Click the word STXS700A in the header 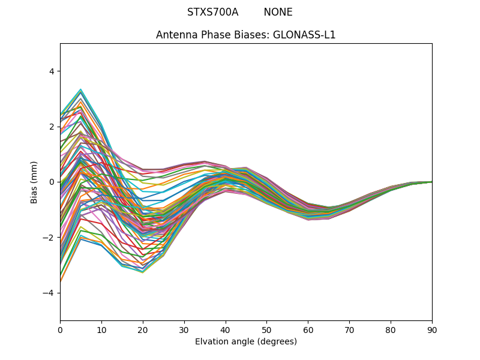212,12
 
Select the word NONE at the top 278,12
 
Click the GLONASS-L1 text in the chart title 304,35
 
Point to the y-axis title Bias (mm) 35,182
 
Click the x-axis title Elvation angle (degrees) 246,341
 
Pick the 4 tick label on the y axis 52,71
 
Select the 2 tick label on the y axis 52,127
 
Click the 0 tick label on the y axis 52,182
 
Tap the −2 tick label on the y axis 49,237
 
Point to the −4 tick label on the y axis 49,293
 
